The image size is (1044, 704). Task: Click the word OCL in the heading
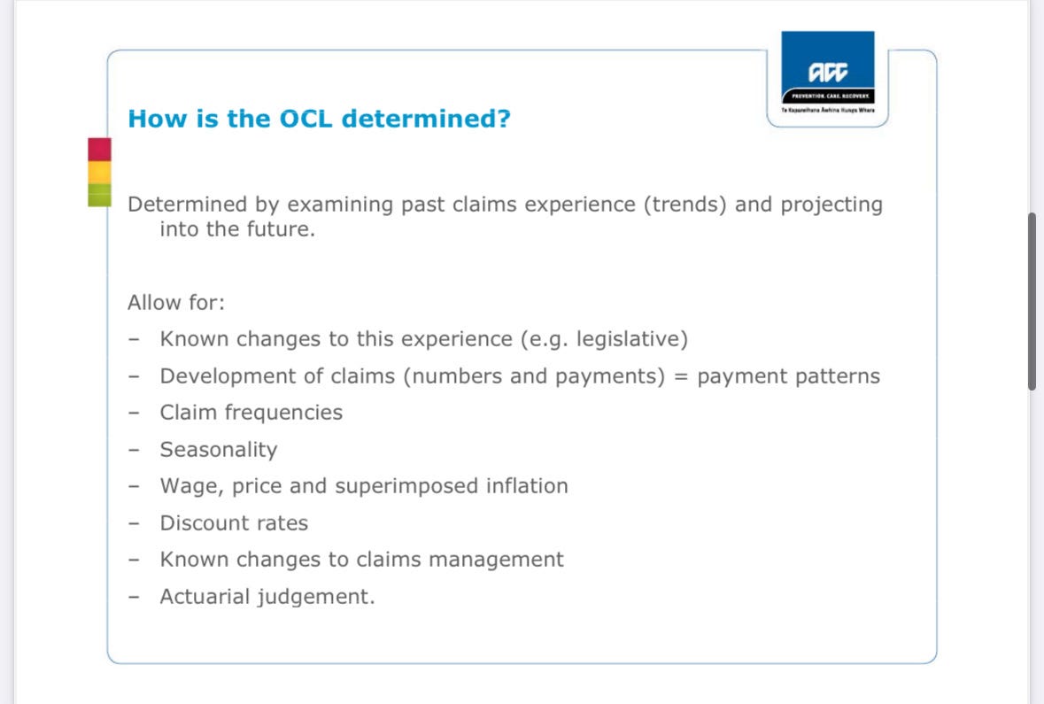point(305,119)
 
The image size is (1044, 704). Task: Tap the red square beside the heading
point(100,149)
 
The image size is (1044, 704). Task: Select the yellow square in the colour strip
point(100,173)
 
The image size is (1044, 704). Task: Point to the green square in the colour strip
point(100,195)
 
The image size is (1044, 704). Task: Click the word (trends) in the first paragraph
point(685,204)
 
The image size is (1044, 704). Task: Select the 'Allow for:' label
point(176,302)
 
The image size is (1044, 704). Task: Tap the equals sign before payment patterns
point(680,376)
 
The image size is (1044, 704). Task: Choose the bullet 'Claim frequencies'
point(251,413)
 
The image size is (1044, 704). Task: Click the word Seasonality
point(219,450)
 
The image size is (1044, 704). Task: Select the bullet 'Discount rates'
point(234,522)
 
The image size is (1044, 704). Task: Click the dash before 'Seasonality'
point(134,450)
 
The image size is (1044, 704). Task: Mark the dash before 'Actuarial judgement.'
point(134,597)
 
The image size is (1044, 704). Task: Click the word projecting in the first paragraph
point(831,204)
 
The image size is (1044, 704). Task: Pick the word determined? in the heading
point(426,119)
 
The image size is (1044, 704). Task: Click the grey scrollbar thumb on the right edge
point(1032,301)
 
